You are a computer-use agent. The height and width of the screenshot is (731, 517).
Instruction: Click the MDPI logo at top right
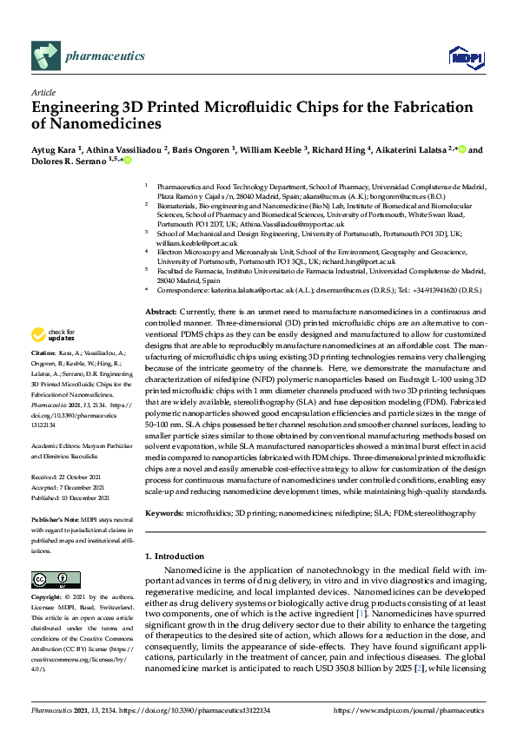(464, 57)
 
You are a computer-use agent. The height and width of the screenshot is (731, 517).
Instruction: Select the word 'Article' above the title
(43, 92)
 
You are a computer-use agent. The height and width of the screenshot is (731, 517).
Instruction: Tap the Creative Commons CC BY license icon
(50, 579)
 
